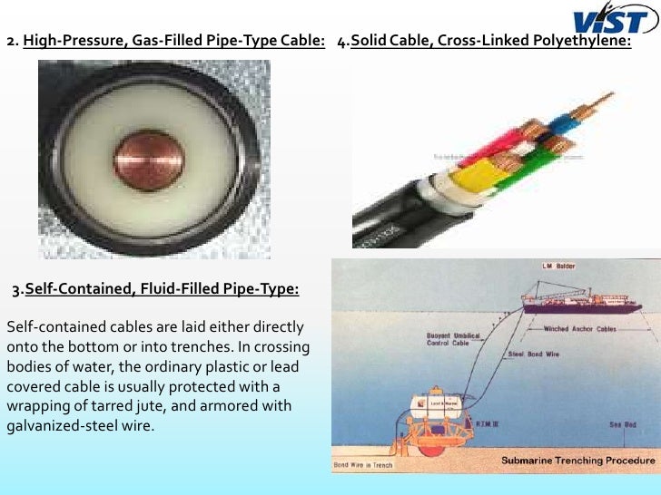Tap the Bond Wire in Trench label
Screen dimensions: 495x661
(x=363, y=464)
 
